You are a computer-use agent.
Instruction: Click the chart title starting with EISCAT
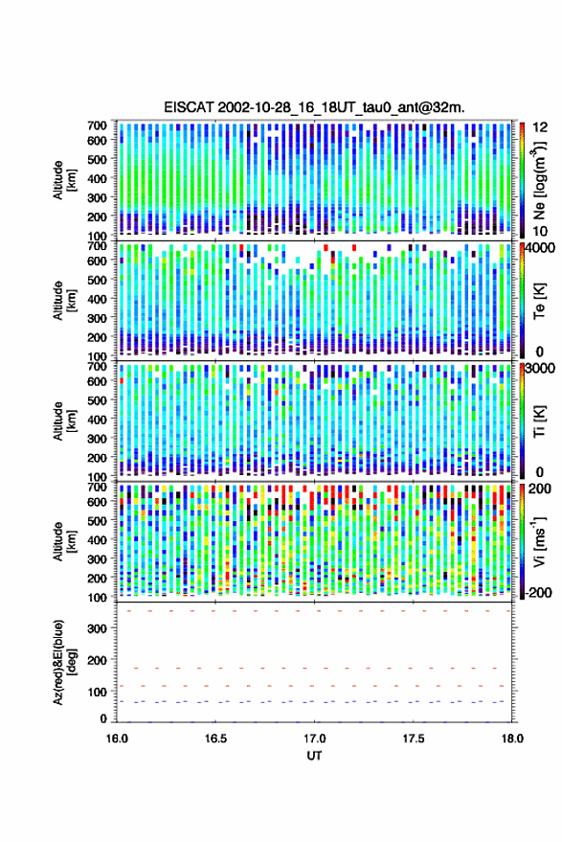click(314, 107)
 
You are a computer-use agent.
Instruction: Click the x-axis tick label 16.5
click(215, 739)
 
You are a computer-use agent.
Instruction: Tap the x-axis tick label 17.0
click(314, 739)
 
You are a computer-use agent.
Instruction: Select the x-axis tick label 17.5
click(413, 739)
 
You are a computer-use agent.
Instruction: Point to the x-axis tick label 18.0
click(511, 739)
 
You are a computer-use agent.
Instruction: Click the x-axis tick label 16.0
click(117, 739)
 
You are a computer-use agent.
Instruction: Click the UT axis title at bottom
click(314, 756)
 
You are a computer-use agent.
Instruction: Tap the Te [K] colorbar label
click(539, 301)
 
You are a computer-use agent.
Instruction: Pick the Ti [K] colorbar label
click(539, 421)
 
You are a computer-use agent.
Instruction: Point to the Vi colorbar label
click(539, 542)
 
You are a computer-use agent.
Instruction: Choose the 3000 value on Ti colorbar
click(540, 368)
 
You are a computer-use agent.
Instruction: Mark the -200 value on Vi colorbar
click(538, 592)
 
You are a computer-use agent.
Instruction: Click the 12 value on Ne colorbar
click(540, 127)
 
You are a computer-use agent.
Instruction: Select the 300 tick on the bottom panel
click(97, 628)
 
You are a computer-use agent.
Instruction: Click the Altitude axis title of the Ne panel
click(64, 180)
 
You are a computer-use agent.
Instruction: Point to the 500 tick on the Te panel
click(97, 280)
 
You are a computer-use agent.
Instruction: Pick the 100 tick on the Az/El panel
click(97, 692)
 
